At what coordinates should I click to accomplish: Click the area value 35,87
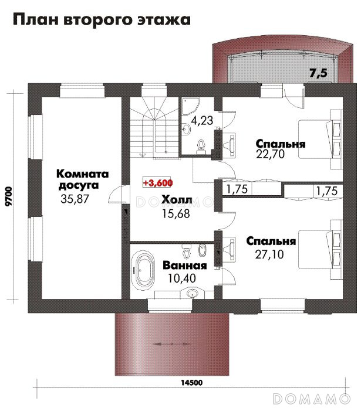[75, 199]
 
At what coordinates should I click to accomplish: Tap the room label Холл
[177, 200]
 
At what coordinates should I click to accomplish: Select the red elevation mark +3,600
[158, 183]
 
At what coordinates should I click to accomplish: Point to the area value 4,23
[202, 121]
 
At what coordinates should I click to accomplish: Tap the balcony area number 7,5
[318, 73]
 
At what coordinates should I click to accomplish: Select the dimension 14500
[192, 383]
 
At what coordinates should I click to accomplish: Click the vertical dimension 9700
[9, 196]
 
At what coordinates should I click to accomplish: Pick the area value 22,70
[271, 154]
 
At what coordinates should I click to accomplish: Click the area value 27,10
[269, 254]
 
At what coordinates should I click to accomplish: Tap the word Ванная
[185, 266]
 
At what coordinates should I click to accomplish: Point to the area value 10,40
[182, 278]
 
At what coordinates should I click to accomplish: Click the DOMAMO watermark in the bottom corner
[311, 399]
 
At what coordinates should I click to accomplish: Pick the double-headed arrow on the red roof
[172, 344]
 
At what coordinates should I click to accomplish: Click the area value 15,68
[176, 213]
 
